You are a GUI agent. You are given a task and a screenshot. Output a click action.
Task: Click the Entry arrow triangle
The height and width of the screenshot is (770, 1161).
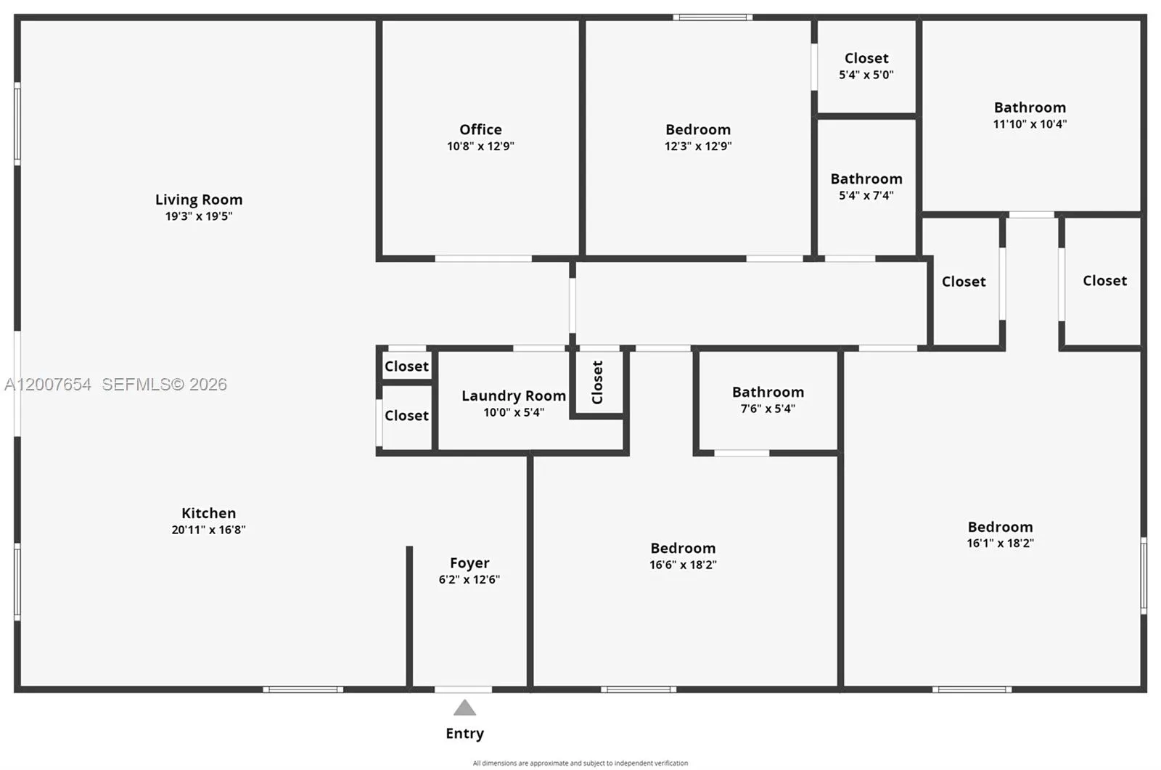pyautogui.click(x=464, y=708)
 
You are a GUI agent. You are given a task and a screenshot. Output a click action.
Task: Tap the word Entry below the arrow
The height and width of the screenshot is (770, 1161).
pyautogui.click(x=464, y=733)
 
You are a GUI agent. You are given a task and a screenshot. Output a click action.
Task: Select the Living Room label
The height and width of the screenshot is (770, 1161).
pyautogui.click(x=199, y=200)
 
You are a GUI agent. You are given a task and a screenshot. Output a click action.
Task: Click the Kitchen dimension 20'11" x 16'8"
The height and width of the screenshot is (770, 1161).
pyautogui.click(x=208, y=530)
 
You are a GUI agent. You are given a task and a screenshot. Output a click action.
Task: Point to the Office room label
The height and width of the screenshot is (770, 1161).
pyautogui.click(x=480, y=129)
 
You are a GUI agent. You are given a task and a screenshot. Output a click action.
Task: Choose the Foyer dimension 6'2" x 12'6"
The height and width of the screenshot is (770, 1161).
pyautogui.click(x=469, y=579)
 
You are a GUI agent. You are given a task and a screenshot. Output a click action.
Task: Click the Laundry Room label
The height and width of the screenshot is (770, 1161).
pyautogui.click(x=514, y=396)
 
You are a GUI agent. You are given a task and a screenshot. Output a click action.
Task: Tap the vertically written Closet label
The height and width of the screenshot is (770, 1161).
pyautogui.click(x=597, y=382)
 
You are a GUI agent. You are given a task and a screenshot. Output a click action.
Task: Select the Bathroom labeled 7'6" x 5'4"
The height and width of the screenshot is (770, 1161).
pyautogui.click(x=768, y=392)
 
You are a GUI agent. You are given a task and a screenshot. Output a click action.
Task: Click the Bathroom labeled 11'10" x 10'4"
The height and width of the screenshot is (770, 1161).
pyautogui.click(x=1030, y=107)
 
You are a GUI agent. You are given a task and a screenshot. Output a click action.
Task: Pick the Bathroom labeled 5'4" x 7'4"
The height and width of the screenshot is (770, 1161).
pyautogui.click(x=866, y=179)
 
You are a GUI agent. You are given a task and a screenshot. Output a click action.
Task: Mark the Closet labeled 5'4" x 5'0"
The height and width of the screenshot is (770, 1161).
pyautogui.click(x=866, y=58)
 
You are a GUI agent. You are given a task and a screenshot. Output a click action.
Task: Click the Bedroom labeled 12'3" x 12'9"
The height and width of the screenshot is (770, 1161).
pyautogui.click(x=698, y=130)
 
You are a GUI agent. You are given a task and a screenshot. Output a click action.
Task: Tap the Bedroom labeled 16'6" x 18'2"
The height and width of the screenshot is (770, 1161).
pyautogui.click(x=683, y=548)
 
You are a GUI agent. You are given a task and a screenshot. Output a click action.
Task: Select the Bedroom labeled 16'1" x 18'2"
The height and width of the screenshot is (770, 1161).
pyautogui.click(x=1000, y=527)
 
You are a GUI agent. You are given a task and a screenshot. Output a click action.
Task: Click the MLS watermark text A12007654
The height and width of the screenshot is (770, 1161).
pyautogui.click(x=48, y=385)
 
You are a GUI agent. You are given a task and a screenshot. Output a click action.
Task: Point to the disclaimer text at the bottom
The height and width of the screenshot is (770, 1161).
pyautogui.click(x=580, y=763)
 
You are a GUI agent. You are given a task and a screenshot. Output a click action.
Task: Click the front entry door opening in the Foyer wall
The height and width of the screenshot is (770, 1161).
pyautogui.click(x=463, y=689)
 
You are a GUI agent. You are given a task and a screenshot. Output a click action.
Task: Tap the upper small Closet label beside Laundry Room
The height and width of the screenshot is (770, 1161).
pyautogui.click(x=406, y=366)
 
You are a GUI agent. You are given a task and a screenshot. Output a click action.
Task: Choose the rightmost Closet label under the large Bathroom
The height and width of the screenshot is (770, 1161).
pyautogui.click(x=1104, y=281)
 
